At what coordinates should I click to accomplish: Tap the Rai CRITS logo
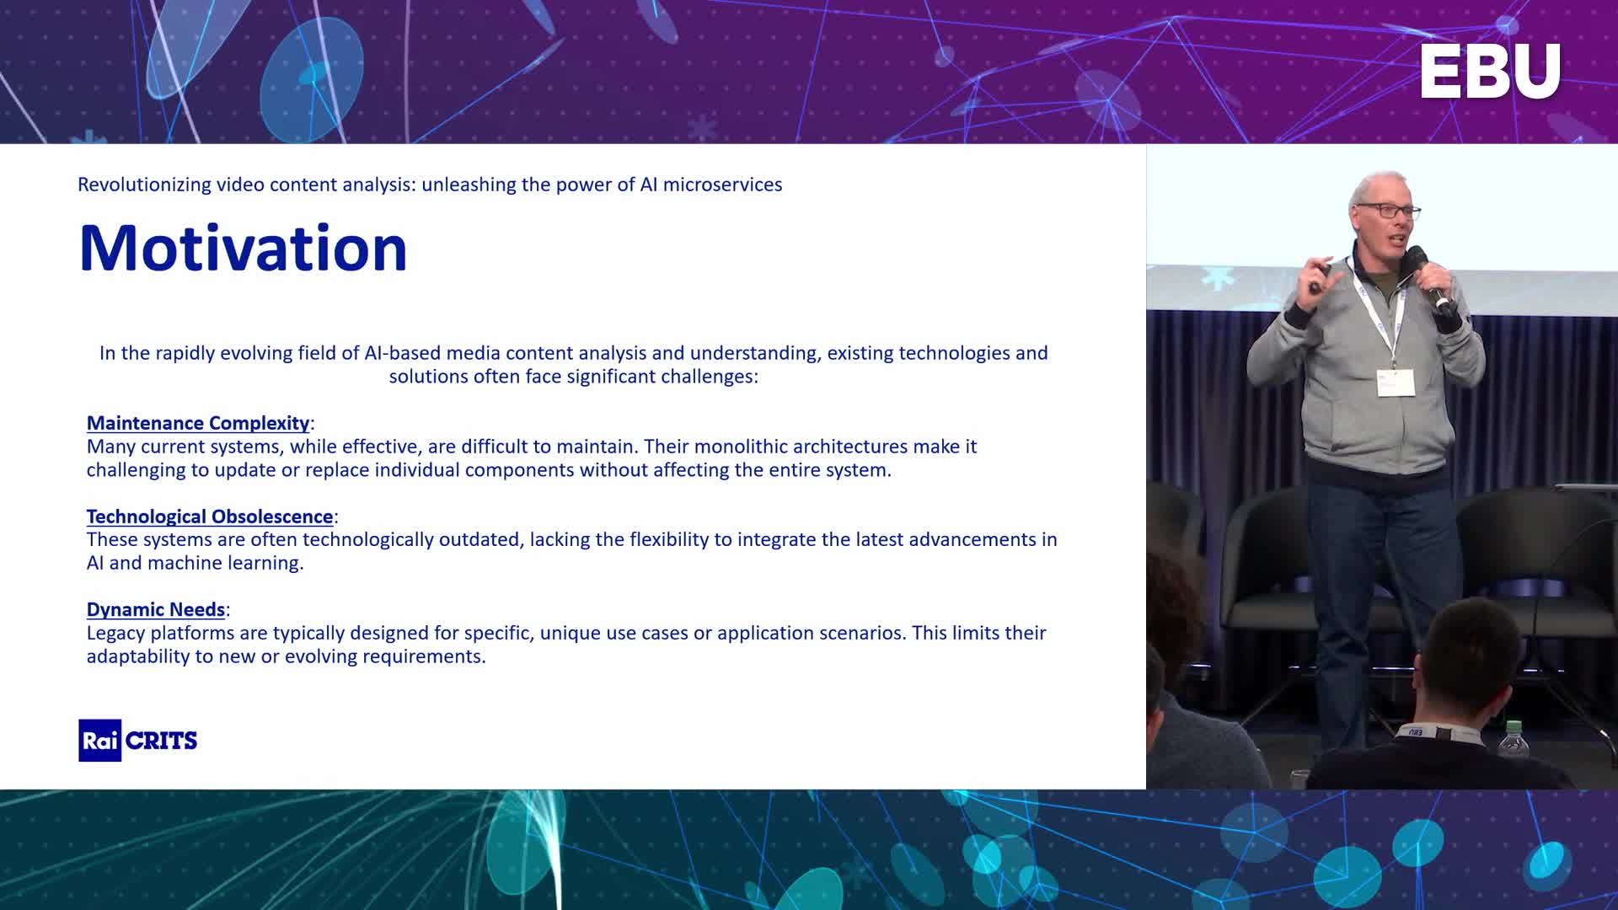tap(138, 741)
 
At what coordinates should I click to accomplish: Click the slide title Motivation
tap(243, 248)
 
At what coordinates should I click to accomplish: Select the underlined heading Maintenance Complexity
tap(198, 423)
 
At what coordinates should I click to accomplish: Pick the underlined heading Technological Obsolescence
tap(210, 517)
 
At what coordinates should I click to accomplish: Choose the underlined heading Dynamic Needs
tap(156, 609)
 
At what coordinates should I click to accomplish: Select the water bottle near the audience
tap(1514, 739)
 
